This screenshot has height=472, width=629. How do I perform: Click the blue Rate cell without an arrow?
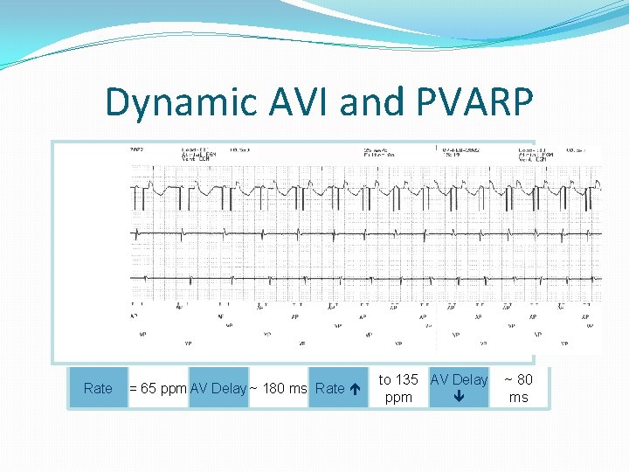(98, 389)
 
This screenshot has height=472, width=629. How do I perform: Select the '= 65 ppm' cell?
(157, 389)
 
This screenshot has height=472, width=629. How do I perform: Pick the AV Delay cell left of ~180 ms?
(218, 389)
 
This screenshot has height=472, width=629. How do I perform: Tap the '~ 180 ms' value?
(279, 389)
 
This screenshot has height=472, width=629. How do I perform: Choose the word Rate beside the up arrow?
(329, 389)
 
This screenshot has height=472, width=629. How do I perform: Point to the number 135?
(406, 379)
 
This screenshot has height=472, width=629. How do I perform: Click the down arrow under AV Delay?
(459, 398)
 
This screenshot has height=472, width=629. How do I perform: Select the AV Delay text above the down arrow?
(459, 379)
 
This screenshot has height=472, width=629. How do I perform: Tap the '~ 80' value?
(518, 379)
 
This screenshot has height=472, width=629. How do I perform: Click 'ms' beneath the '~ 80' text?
(518, 398)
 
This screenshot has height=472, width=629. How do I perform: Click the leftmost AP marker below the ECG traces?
(134, 316)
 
